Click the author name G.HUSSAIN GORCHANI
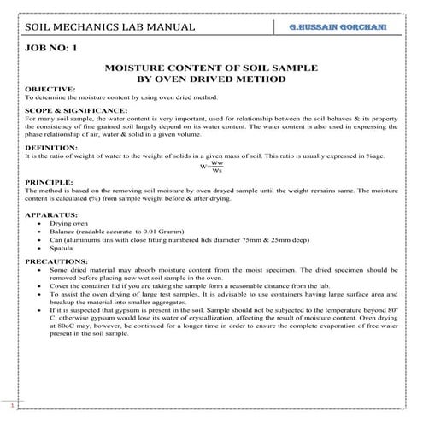point(344,29)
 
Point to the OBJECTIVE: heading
point(50,89)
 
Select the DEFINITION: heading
point(51,148)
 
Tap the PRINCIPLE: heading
point(49,182)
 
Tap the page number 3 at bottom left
point(11,402)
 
